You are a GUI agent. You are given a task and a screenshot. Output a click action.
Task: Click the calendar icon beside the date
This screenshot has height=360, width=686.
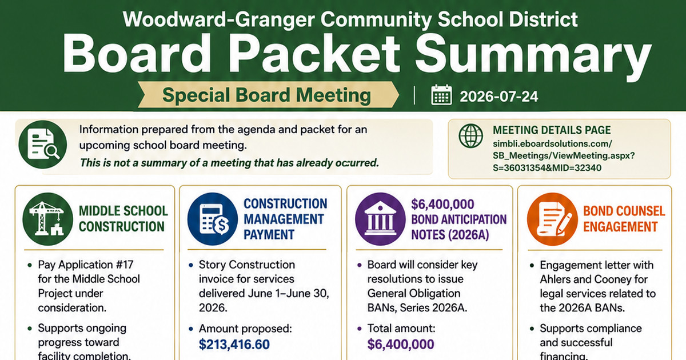click(x=441, y=95)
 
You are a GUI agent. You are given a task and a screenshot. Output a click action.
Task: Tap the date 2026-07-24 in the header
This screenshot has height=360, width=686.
click(x=499, y=97)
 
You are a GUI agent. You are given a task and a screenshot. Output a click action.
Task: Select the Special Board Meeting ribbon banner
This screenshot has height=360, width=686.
click(x=268, y=95)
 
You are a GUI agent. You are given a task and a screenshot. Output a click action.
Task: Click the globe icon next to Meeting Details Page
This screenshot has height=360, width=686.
click(x=470, y=136)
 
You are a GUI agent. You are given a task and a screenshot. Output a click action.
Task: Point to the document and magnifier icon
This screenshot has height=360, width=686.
click(x=42, y=144)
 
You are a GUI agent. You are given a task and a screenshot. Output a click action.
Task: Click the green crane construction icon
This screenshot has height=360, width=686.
click(x=48, y=219)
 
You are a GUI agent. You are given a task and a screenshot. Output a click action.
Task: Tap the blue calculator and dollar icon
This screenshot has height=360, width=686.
click(x=213, y=219)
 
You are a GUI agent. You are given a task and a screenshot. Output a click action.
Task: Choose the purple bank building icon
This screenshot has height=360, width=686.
click(x=380, y=219)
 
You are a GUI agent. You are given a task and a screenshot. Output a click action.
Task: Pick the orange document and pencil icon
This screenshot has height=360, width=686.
click(x=552, y=219)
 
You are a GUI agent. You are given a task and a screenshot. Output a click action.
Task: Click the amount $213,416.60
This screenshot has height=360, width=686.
click(x=234, y=345)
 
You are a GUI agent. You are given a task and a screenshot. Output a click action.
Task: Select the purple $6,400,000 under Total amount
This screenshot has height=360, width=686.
click(x=401, y=345)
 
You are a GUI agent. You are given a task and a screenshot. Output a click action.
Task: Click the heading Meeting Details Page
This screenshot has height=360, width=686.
click(x=552, y=130)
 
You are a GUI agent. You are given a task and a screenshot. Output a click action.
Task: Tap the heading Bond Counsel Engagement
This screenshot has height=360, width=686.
click(x=624, y=219)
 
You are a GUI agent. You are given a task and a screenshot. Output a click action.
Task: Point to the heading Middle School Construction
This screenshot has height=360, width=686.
click(x=123, y=219)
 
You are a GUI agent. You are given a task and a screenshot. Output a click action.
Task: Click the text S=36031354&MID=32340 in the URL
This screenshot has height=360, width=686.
click(x=547, y=168)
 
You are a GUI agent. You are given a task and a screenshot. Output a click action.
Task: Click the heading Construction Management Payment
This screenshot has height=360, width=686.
click(x=285, y=219)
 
